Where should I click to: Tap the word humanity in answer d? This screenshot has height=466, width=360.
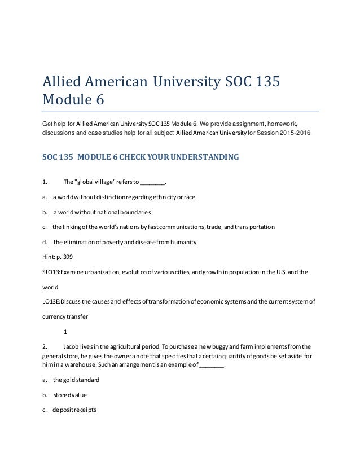point(178,244)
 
